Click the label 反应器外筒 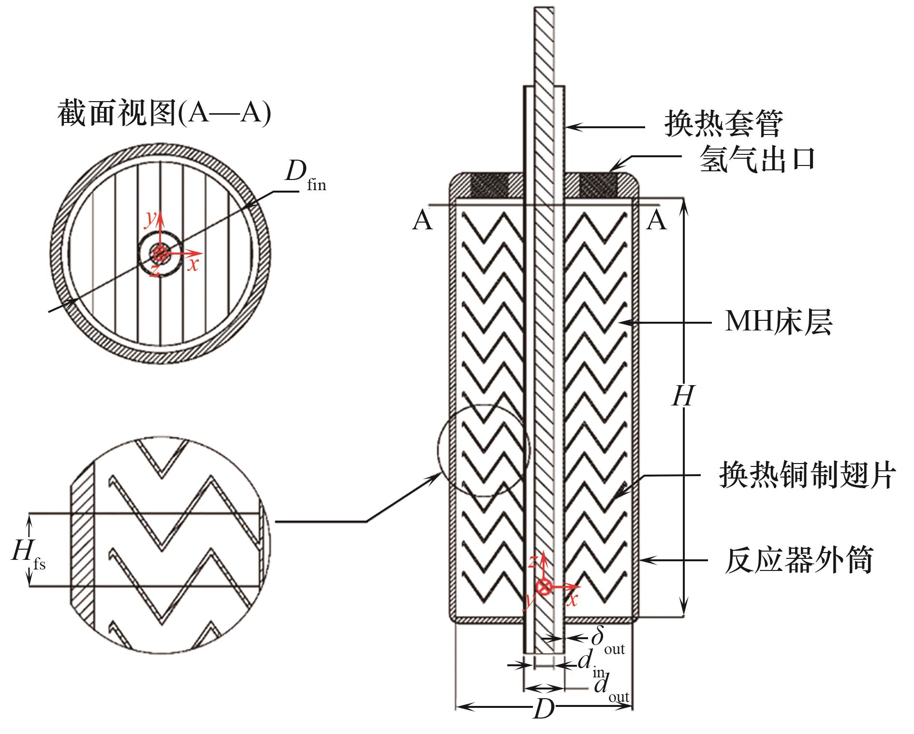(798, 560)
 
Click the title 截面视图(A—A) (164, 114)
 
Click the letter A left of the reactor (423, 222)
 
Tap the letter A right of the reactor (656, 221)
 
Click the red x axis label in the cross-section (193, 265)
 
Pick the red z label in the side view (532, 561)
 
